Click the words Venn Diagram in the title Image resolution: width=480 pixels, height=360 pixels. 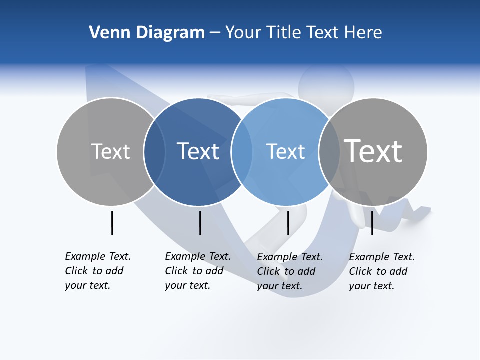tap(147, 33)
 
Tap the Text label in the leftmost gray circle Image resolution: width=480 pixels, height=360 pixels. tap(110, 151)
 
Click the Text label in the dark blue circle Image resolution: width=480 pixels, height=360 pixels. tap(198, 151)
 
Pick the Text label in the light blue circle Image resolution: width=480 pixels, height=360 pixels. tap(285, 151)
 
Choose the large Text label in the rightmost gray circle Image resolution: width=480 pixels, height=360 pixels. tap(373, 151)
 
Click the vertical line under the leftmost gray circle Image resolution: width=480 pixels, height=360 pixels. tap(112, 223)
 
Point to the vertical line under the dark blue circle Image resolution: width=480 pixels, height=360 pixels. tap(200, 223)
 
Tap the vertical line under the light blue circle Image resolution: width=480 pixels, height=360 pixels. tap(288, 223)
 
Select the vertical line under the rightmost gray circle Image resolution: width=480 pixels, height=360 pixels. tap(372, 223)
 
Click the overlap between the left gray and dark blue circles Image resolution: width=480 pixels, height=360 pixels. tap(155, 151)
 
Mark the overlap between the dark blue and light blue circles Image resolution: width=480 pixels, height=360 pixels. tap(242, 151)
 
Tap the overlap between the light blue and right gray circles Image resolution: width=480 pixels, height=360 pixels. tap(328, 151)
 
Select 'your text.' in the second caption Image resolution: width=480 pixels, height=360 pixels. tap(187, 285)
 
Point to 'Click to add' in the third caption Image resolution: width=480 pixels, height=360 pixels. tap(286, 271)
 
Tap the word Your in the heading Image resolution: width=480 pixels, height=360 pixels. tap(243, 33)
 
